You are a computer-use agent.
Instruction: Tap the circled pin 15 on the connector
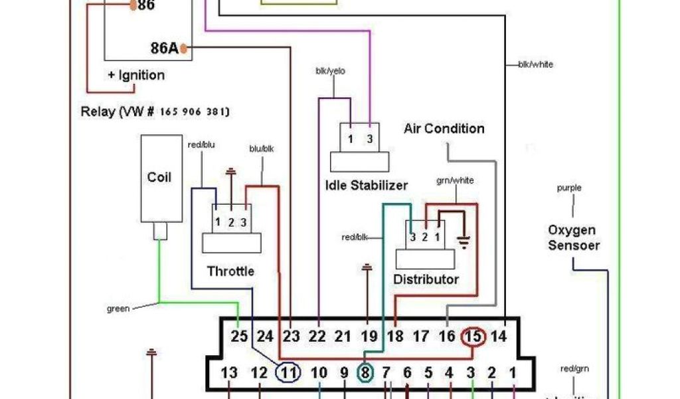coord(473,336)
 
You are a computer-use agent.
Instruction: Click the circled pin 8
coord(365,373)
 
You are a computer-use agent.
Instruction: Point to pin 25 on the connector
coord(239,336)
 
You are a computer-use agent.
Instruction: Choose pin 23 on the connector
coord(292,336)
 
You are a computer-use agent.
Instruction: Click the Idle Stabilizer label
coord(366,186)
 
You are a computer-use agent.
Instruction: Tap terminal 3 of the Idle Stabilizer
coord(369,140)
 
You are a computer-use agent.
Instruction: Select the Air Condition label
coord(444,128)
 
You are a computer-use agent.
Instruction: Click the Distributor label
coord(426,279)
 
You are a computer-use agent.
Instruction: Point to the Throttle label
coord(230,271)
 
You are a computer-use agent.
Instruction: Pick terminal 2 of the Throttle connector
coord(230,222)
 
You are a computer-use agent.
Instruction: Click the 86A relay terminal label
coord(164,49)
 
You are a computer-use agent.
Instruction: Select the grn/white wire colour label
coord(456,181)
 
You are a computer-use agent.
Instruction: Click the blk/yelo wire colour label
coord(330,71)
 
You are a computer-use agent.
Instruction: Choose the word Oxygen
coord(571,230)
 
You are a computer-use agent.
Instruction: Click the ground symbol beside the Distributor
coord(463,241)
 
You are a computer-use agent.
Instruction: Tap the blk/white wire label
coord(535,65)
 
